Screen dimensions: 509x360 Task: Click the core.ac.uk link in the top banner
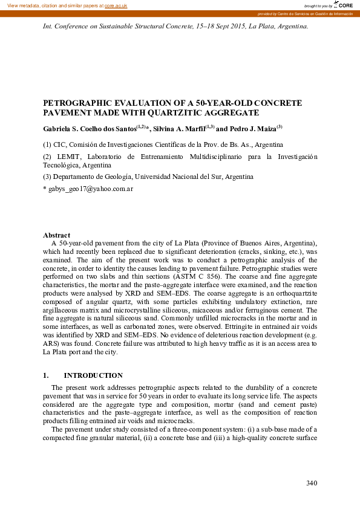[116, 5]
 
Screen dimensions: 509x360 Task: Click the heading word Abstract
[56, 235]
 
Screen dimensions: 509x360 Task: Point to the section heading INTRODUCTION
[93, 375]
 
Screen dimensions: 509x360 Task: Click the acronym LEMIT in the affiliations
[65, 157]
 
